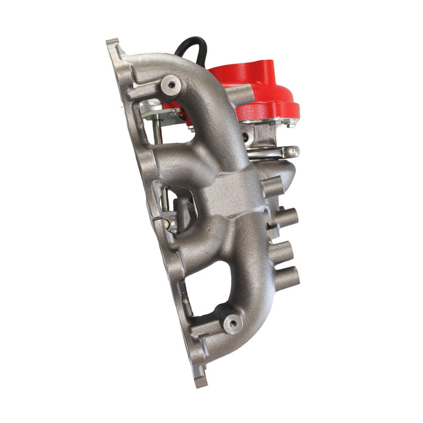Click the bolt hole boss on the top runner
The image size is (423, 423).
170,84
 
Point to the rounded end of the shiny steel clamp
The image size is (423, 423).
292,152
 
